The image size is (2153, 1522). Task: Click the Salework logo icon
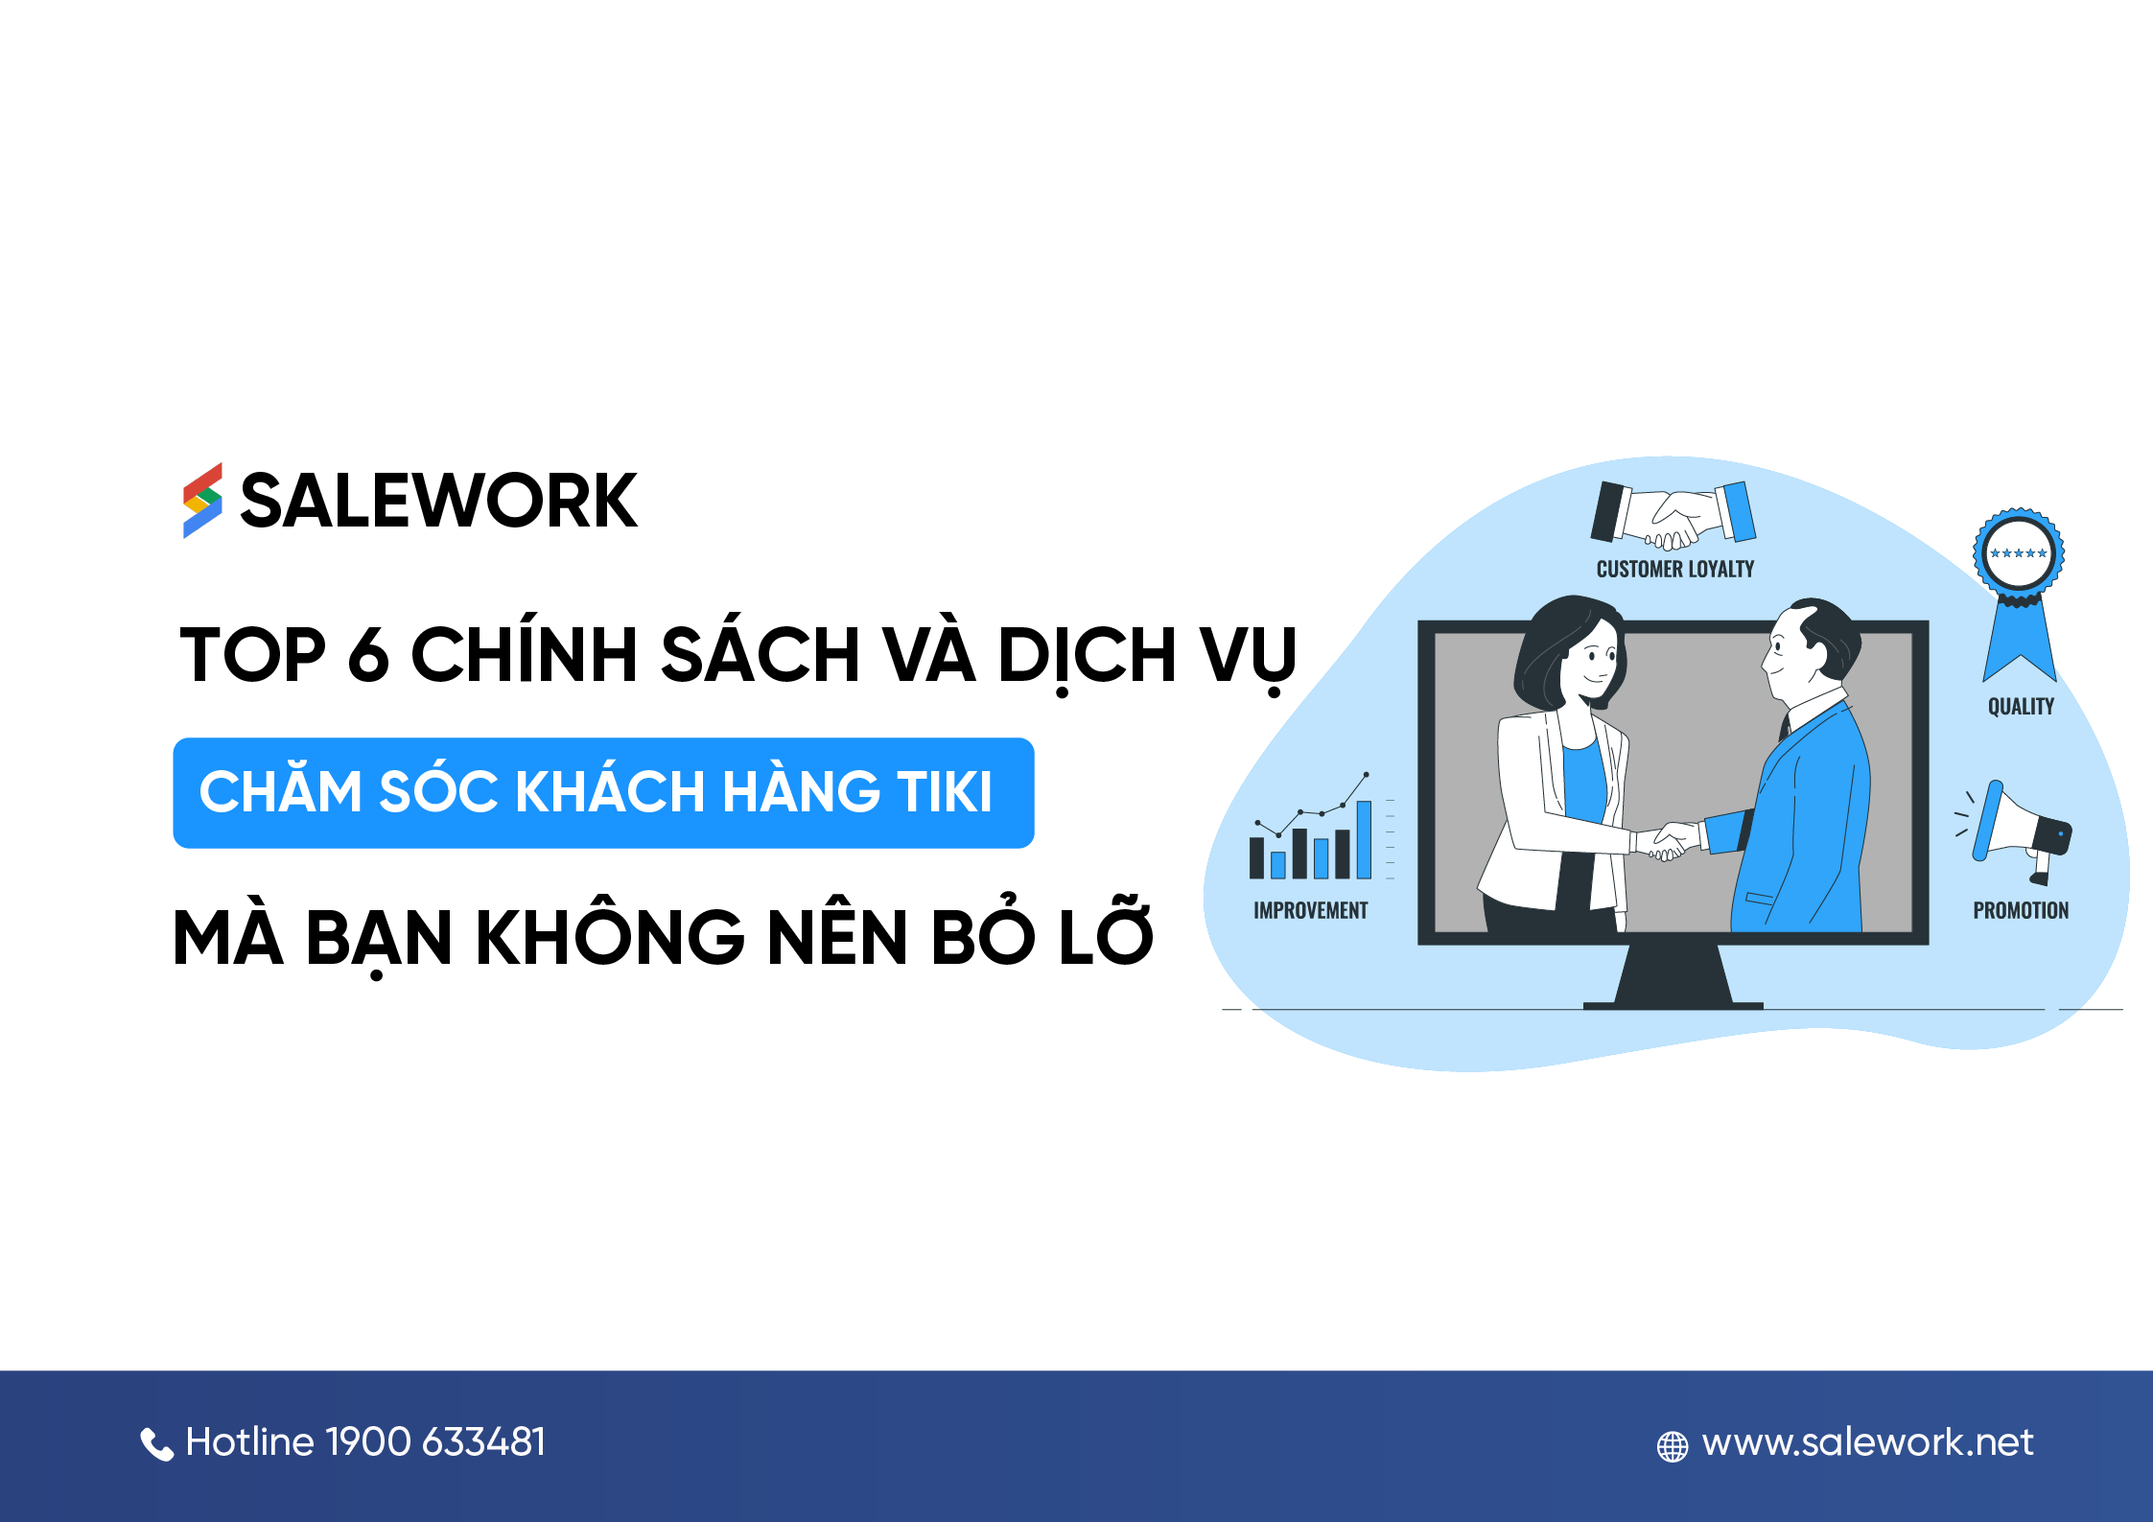coord(202,501)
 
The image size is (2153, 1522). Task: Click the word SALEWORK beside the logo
coord(438,501)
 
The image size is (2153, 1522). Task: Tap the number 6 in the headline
coord(368,656)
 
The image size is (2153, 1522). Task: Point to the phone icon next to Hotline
coord(156,1443)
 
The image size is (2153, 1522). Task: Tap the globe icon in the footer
coord(1673,1446)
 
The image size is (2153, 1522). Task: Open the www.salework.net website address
coord(1867,1442)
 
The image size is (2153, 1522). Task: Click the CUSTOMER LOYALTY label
coord(1674,570)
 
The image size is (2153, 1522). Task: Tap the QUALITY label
coord(2021,707)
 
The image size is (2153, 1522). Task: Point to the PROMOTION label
coord(2021,911)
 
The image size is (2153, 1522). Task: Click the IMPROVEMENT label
coord(1310,911)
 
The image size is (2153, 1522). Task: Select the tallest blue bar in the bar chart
coord(1364,839)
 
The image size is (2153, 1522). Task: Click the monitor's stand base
coord(1673,1004)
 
